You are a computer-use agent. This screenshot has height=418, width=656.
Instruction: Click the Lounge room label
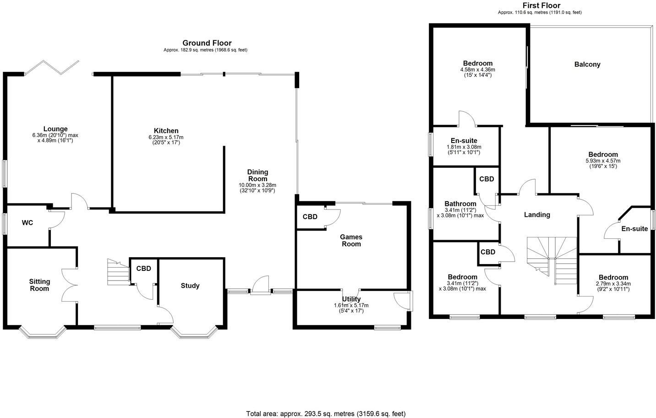coord(55,129)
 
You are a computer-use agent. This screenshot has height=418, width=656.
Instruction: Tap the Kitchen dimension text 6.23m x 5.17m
coord(166,137)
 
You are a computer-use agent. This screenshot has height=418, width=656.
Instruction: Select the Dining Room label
coord(258,175)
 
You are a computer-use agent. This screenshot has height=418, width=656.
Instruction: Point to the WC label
coord(27,223)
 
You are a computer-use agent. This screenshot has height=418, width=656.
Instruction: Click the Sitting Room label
coord(39,285)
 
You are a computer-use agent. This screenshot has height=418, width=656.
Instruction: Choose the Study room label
coord(190,286)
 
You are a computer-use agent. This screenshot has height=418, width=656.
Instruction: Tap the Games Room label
coord(351,241)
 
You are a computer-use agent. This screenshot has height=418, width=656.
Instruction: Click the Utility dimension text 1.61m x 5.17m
coord(351,305)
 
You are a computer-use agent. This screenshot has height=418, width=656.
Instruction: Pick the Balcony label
coord(587,65)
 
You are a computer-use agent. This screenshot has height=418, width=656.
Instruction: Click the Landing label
coord(537,214)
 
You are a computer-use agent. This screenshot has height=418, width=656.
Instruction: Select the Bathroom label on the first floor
coord(460,204)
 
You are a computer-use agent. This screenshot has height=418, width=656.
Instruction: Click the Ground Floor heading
coord(207,43)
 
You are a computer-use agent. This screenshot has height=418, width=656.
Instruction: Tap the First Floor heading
coord(541,5)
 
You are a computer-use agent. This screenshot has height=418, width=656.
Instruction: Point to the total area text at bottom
coord(326,413)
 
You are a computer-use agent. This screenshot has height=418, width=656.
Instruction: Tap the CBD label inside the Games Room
coord(310,217)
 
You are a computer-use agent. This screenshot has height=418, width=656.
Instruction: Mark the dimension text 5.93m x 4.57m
coord(603,161)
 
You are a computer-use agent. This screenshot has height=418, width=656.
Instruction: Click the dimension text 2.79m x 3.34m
coord(613,284)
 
